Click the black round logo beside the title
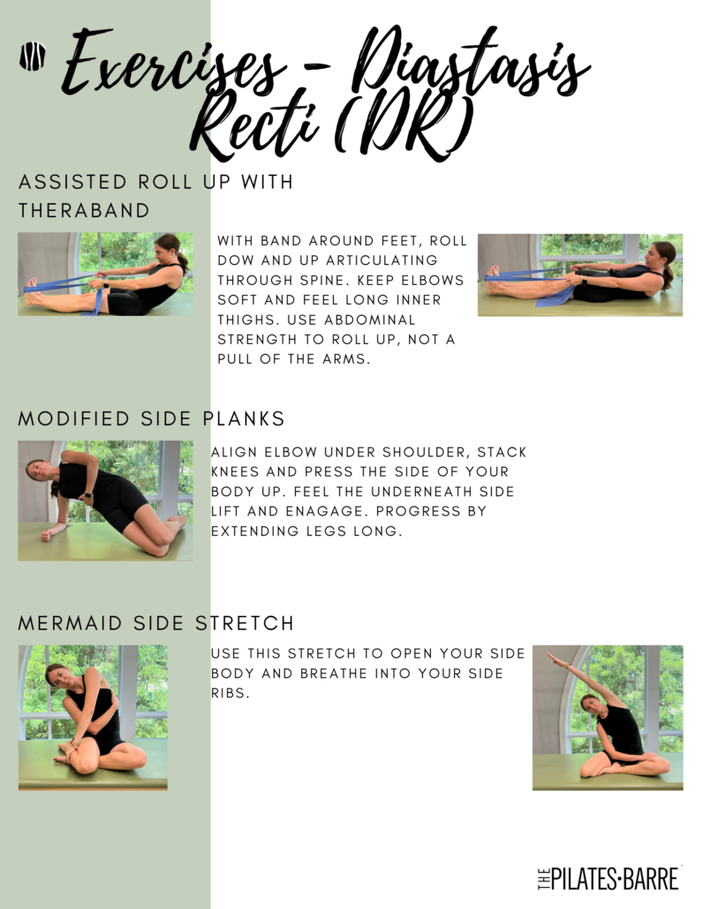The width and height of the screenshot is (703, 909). click(x=33, y=56)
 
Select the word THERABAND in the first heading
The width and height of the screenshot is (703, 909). click(x=84, y=210)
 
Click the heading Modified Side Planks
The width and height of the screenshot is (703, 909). click(x=151, y=418)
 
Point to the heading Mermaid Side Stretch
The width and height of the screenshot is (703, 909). click(x=156, y=623)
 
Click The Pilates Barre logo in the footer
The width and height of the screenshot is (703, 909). click(x=609, y=878)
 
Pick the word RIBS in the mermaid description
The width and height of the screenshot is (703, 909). click(x=231, y=694)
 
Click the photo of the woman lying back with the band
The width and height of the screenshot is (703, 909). click(x=580, y=274)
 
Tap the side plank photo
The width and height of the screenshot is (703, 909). click(x=105, y=500)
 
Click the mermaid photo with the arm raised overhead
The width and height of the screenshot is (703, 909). click(x=608, y=717)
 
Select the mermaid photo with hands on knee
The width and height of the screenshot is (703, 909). click(x=93, y=717)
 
